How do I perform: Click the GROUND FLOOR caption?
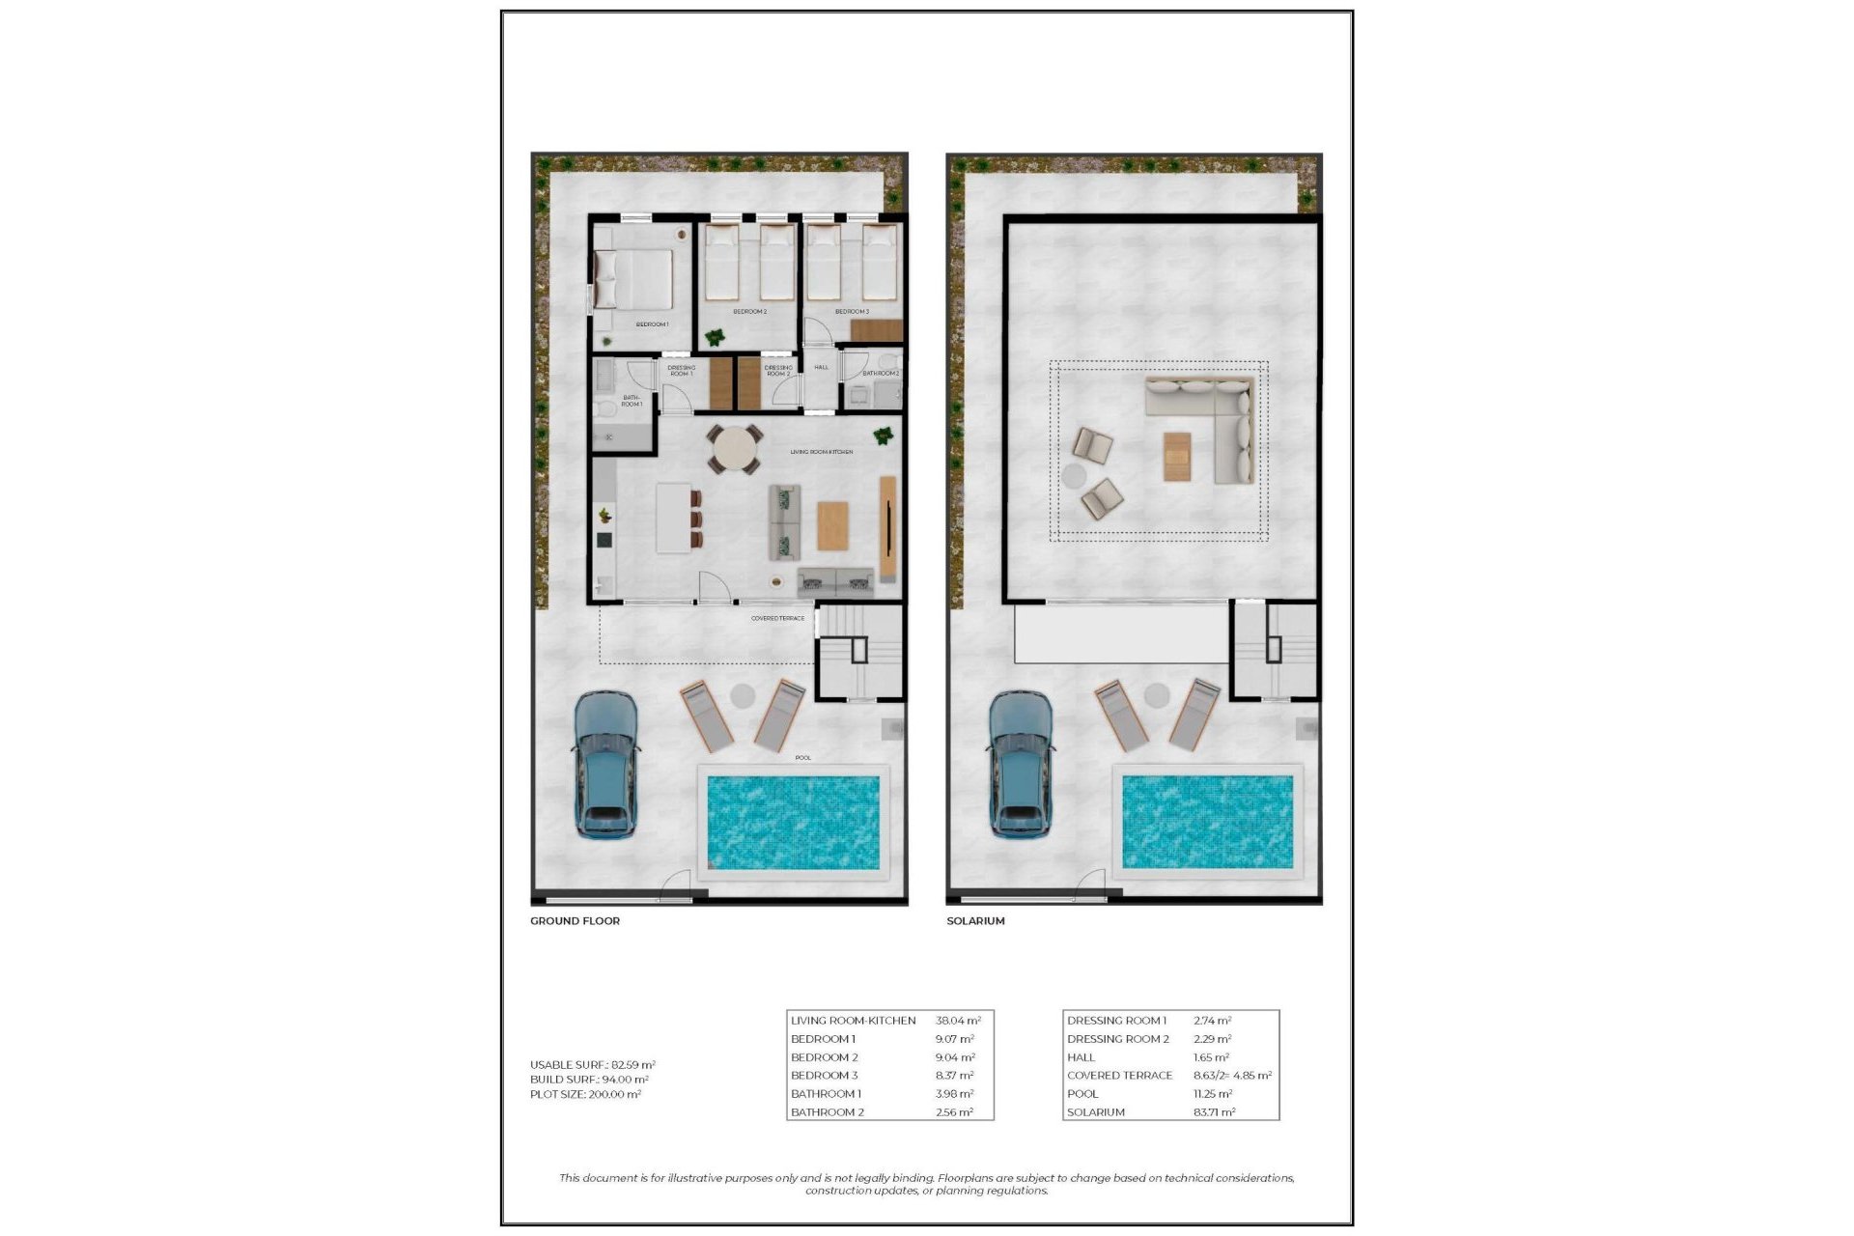575,921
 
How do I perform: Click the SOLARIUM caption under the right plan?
975,921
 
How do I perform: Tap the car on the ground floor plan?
605,763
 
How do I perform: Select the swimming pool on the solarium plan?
1207,822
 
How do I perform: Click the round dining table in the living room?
735,450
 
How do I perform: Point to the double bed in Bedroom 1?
634,279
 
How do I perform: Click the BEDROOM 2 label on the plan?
749,312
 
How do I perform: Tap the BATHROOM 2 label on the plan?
881,373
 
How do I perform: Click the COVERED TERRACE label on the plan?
777,618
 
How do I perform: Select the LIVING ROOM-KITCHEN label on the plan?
821,452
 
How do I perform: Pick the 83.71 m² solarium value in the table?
1214,1112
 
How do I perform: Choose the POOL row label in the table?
1082,1094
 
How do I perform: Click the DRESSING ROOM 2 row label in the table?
1117,1039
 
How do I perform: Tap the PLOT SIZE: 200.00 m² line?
585,1094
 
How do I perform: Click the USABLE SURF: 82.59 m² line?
592,1065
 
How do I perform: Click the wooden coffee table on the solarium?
1176,457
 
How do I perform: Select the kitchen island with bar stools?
674,518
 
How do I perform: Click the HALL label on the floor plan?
821,367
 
